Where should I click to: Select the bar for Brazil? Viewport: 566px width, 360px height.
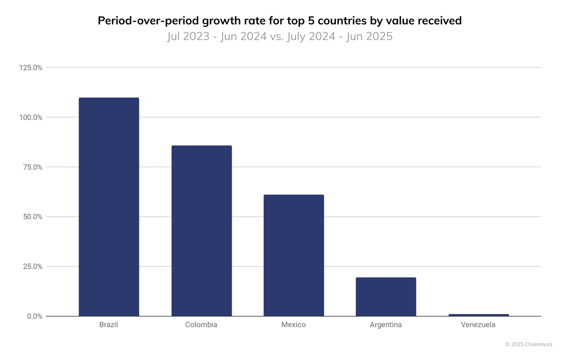click(109, 207)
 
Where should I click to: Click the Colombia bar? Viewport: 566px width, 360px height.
click(201, 231)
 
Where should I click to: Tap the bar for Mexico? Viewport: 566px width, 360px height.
click(294, 255)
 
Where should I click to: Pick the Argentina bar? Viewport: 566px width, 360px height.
click(386, 297)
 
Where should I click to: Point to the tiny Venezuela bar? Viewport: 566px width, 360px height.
click(478, 315)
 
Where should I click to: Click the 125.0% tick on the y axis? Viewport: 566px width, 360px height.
click(31, 68)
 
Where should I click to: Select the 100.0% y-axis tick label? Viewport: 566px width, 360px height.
click(31, 118)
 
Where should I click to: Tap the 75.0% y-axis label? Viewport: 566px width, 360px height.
click(33, 167)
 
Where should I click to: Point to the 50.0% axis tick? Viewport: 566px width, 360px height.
click(33, 217)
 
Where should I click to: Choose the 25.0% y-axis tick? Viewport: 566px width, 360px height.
click(33, 267)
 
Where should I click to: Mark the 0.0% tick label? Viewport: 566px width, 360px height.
click(34, 316)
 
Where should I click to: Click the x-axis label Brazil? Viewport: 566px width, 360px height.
click(108, 325)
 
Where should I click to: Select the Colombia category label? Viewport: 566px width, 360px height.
click(201, 325)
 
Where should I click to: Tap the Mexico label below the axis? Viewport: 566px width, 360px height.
click(294, 325)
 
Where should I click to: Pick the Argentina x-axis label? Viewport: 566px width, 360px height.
click(386, 325)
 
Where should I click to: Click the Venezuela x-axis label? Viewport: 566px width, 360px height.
click(478, 325)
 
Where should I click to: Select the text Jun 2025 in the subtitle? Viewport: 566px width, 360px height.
click(369, 36)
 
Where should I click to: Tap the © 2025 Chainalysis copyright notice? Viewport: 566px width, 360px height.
click(529, 344)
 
